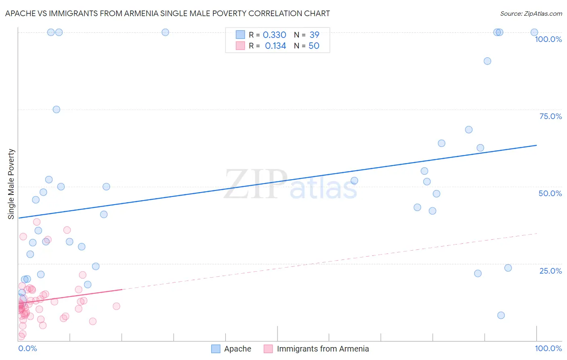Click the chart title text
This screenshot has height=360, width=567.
(x=167, y=14)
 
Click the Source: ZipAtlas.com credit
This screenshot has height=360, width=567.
(x=531, y=14)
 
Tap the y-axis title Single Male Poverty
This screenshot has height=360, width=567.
(x=11, y=184)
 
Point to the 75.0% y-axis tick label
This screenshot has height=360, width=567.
(x=550, y=116)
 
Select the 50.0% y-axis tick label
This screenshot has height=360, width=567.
(x=550, y=193)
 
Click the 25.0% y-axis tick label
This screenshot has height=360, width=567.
(x=550, y=271)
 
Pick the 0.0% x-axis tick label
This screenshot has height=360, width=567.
(x=27, y=348)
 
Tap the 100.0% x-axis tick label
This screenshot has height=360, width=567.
(x=548, y=348)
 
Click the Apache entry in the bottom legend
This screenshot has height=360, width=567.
(x=231, y=349)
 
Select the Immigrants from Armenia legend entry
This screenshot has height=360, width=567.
(x=317, y=349)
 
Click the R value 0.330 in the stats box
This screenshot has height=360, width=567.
(x=274, y=35)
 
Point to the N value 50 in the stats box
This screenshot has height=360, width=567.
(x=314, y=46)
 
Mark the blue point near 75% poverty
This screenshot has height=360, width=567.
(x=56, y=110)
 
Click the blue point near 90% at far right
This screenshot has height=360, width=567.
(x=487, y=61)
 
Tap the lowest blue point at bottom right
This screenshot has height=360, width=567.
(x=501, y=315)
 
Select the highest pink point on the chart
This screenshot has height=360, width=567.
(x=37, y=222)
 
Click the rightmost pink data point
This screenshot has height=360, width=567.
(x=117, y=306)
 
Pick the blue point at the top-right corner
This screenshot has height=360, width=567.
(x=534, y=32)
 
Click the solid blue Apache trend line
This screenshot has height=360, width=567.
(x=282, y=181)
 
